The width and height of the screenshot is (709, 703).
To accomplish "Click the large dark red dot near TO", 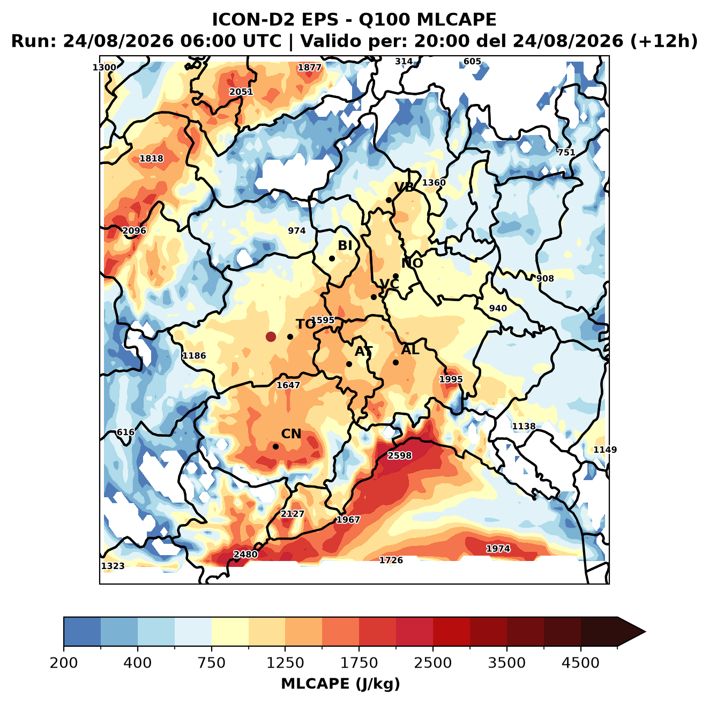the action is point(271,336).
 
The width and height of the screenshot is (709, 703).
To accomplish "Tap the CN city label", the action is point(291,434).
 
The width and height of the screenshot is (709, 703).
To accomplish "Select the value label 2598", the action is point(400,456).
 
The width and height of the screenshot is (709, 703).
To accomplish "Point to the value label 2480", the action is point(245,555).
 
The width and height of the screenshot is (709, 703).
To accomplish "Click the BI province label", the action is point(345,245).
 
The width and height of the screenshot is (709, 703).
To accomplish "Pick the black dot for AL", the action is point(395,362).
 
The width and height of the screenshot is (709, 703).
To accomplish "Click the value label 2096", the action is point(134,230).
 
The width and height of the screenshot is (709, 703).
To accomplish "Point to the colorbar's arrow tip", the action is point(645,632).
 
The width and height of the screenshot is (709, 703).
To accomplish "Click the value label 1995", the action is point(451,379).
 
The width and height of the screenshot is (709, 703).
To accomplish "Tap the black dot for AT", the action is point(349,364).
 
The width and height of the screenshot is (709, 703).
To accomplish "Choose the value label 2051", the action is point(241,92).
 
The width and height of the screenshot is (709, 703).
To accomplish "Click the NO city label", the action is point(412,263).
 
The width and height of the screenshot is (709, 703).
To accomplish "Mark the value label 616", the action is point(125,432).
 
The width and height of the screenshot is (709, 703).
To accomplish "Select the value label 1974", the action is point(498,549).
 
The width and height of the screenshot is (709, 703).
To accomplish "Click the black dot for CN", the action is point(275,446).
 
